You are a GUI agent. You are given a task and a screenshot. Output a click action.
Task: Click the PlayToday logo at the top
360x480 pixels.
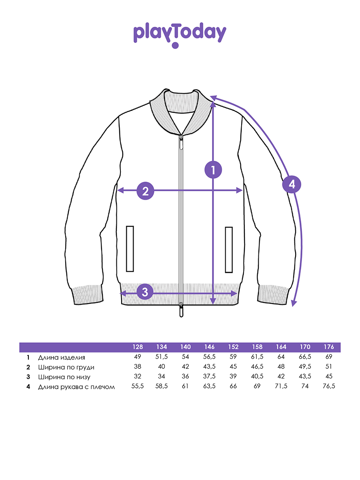180,35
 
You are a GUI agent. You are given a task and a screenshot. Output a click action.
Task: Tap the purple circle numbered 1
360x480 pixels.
213,170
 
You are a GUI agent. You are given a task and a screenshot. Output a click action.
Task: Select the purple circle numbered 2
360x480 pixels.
145,191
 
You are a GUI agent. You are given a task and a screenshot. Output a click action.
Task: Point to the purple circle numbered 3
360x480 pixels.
145,292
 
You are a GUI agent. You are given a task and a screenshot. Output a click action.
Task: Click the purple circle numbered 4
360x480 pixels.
292,184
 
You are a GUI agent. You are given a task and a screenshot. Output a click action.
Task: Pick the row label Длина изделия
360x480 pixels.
62,358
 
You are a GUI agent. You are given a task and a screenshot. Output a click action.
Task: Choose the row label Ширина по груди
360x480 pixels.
66,367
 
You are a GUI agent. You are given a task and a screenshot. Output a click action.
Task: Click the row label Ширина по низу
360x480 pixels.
64,377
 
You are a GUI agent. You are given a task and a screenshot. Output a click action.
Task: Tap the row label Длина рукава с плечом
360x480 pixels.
76,387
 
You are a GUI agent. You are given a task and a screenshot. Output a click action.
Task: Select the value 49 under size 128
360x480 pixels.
138,357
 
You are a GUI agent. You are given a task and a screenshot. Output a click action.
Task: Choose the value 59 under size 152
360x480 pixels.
233,357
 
